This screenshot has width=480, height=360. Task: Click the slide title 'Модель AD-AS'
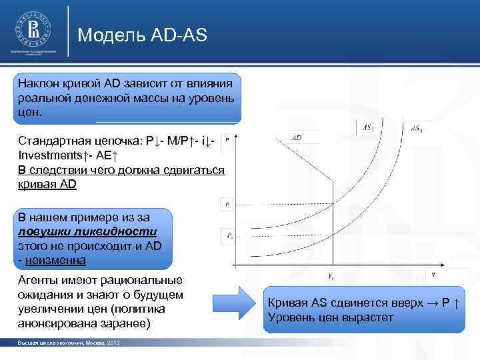(x=143, y=35)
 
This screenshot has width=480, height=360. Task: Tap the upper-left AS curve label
(x=368, y=126)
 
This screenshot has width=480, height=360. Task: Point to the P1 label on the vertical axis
(x=227, y=205)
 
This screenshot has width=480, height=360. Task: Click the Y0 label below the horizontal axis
(x=330, y=276)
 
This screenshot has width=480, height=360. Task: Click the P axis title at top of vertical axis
(x=227, y=140)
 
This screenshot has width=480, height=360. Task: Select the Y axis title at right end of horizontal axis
(x=433, y=273)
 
